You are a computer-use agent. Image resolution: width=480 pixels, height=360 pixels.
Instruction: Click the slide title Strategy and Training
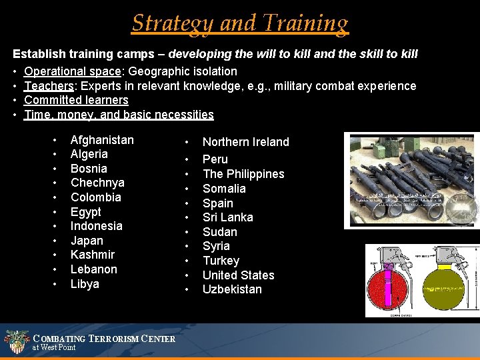(x=240, y=23)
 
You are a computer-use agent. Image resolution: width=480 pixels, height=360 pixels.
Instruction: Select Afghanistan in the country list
(x=102, y=140)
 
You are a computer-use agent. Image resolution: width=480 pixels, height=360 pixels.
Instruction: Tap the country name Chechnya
(x=97, y=183)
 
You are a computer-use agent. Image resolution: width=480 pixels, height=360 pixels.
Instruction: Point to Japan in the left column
(x=87, y=241)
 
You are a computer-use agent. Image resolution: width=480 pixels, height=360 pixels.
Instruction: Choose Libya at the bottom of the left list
(x=85, y=284)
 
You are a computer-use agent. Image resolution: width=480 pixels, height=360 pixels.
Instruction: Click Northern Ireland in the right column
(x=245, y=142)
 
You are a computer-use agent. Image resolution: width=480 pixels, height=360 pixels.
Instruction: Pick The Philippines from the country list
(x=243, y=174)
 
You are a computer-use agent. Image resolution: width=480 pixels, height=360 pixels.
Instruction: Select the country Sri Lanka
(x=227, y=217)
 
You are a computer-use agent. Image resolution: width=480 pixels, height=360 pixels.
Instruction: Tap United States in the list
(x=238, y=275)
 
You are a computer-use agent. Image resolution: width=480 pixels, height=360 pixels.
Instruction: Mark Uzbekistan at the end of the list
(x=232, y=289)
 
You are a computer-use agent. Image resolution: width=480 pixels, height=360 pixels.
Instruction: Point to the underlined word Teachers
(x=48, y=86)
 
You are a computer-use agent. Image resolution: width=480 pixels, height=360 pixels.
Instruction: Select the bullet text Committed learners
(x=76, y=100)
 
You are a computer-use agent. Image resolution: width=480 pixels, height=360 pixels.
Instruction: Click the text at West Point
(x=54, y=347)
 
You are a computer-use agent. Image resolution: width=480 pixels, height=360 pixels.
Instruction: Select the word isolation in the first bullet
(x=214, y=71)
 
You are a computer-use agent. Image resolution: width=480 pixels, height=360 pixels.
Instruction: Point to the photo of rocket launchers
(x=411, y=180)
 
